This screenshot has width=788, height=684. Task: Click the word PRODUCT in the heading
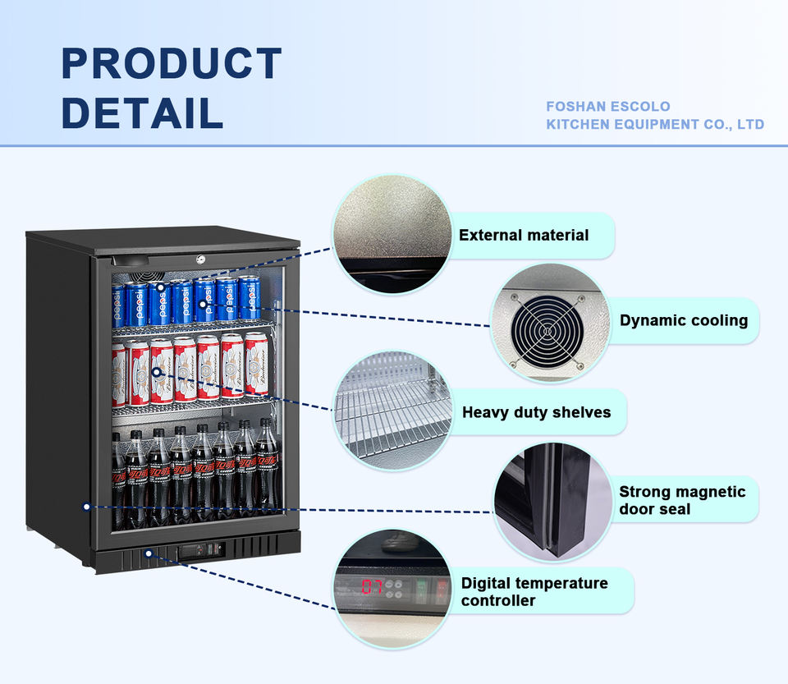click(172, 64)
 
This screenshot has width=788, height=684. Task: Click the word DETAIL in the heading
click(142, 112)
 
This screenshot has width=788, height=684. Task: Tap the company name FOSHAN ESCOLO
click(608, 107)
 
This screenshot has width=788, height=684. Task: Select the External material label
click(524, 236)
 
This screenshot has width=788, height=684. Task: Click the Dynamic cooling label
click(684, 320)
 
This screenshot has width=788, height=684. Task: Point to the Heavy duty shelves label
click(536, 412)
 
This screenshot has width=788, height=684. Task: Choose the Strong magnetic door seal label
click(682, 500)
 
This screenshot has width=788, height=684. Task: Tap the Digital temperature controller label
click(534, 591)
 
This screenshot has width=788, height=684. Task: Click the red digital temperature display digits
click(372, 587)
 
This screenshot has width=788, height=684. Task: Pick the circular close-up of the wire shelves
click(392, 411)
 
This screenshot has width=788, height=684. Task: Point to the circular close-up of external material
click(392, 235)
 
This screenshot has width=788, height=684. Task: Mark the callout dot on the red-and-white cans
click(156, 372)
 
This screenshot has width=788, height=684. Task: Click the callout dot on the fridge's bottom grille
click(149, 553)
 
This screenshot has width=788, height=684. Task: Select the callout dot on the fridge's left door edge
click(86, 507)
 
